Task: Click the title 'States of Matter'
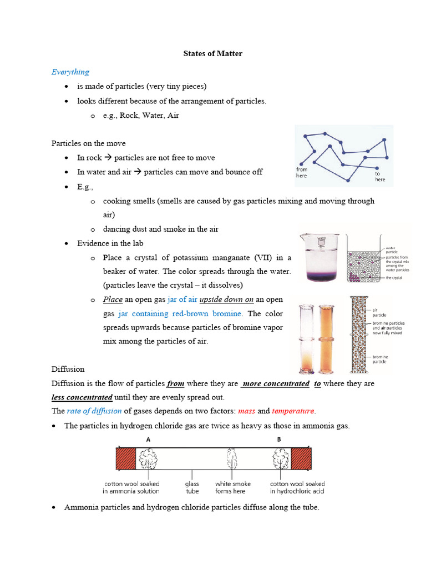pyautogui.click(x=213, y=54)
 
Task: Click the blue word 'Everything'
pyautogui.click(x=70, y=72)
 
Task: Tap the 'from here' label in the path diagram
pyautogui.click(x=302, y=172)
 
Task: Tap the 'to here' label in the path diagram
pyautogui.click(x=380, y=176)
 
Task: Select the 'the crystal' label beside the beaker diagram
pyautogui.click(x=394, y=276)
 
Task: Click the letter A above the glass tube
pyautogui.click(x=148, y=438)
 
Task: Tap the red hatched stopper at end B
pyautogui.click(x=301, y=460)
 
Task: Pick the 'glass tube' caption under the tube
pyautogui.click(x=192, y=487)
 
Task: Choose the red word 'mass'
pyautogui.click(x=246, y=411)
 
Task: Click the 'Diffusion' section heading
pyautogui.click(x=68, y=369)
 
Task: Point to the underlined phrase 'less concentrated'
pyautogui.click(x=82, y=397)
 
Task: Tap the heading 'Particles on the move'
pyautogui.click(x=89, y=143)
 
